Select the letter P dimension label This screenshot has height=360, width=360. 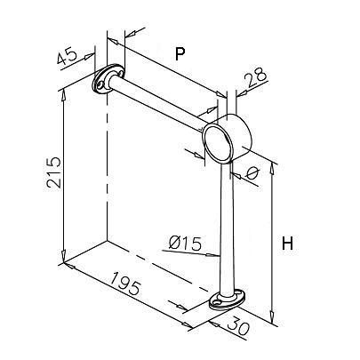180,54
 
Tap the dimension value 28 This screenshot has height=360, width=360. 257,76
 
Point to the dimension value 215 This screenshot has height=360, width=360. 54,172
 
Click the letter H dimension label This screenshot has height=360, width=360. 287,244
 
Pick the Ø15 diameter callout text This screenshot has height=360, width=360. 185,244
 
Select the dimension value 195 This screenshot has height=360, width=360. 125,284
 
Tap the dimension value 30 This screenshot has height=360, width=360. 238,327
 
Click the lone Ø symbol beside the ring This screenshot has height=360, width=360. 252,173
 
